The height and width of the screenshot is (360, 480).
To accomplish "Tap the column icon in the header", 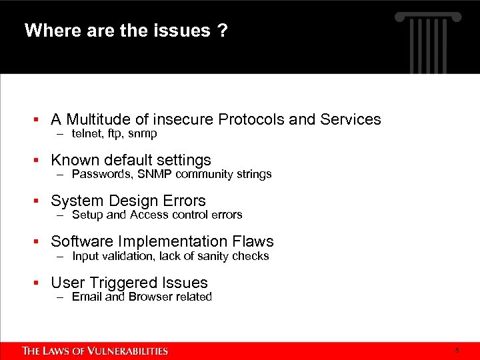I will (429, 37).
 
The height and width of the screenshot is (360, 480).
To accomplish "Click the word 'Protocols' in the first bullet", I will (252, 119).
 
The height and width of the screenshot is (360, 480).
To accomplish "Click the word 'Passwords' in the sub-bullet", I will (97, 175).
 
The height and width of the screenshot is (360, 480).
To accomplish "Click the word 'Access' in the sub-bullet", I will (149, 215).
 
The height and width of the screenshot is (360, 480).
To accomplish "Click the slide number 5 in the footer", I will (457, 351).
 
